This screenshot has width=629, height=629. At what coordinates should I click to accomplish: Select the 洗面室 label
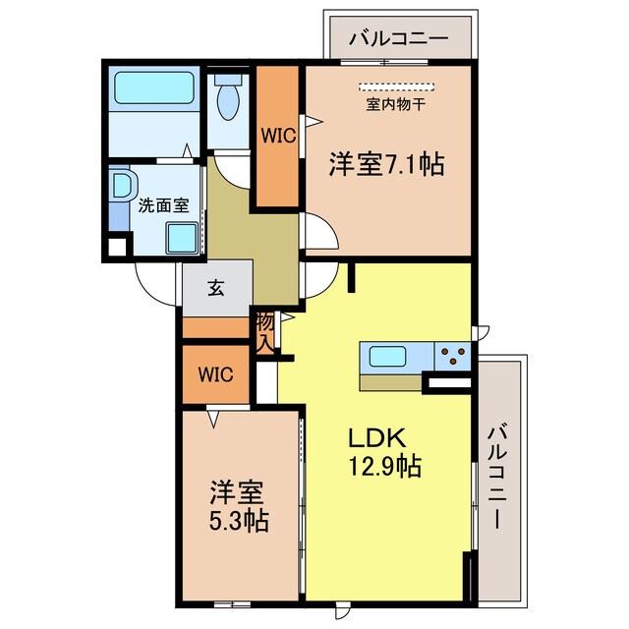tap(162, 205)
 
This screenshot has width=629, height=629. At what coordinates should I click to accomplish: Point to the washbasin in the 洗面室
tap(122, 186)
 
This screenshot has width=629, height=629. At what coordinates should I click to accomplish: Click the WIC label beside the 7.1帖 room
tap(277, 137)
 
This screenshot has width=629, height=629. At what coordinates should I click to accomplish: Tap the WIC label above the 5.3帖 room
tap(215, 373)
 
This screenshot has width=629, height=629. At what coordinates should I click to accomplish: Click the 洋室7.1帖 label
tap(386, 164)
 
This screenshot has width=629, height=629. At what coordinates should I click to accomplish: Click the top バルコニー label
tap(400, 40)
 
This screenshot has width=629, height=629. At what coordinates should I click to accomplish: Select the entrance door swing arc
tap(155, 289)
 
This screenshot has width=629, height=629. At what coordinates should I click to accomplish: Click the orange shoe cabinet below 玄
tap(215, 328)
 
